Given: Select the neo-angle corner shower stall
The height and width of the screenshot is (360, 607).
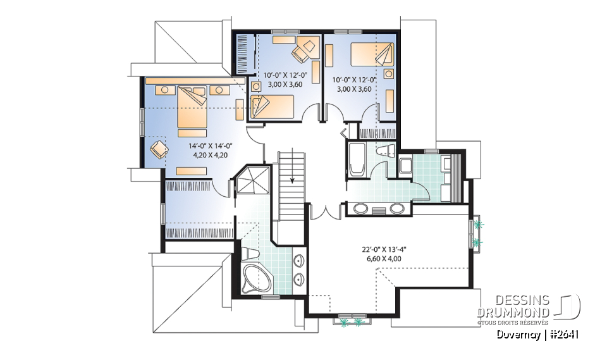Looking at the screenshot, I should [x=252, y=181].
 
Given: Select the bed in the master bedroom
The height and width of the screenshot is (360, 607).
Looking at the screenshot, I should [x=192, y=111].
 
